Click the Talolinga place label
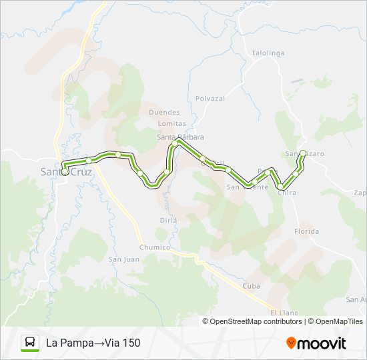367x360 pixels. click(268, 53)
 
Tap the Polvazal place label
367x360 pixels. click(210, 98)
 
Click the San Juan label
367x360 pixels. click(123, 259)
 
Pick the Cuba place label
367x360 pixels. click(251, 285)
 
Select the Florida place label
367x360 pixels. click(306, 231)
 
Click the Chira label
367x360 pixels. click(286, 193)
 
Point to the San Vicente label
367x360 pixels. click(247, 187)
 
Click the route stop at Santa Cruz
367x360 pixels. click(65, 171)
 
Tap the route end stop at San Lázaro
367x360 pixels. click(303, 153)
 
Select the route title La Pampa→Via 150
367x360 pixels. click(93, 343)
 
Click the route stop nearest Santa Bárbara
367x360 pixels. click(175, 143)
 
